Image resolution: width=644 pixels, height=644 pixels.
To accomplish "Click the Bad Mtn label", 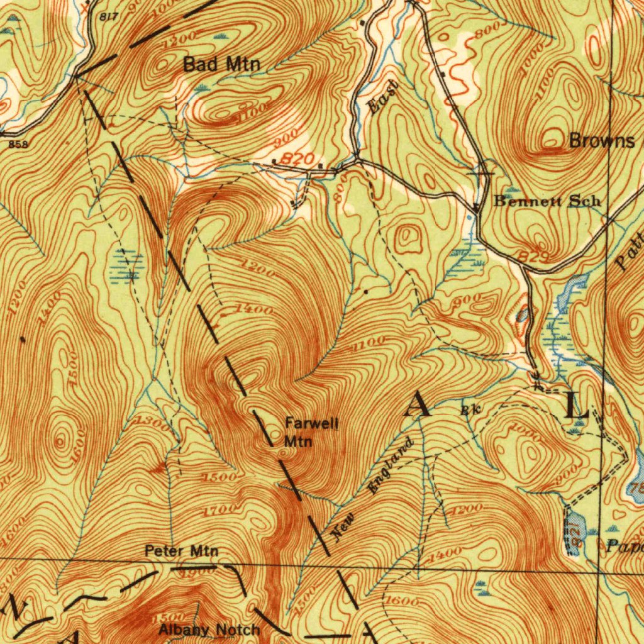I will coord(221,64).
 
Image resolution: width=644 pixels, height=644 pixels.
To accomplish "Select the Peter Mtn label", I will coord(182,552).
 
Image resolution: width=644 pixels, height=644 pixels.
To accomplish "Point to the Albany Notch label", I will coord(209,630).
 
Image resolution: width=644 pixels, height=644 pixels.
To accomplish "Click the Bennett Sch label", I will coord(547,201).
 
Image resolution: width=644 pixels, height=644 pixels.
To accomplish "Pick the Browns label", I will coord(601,141).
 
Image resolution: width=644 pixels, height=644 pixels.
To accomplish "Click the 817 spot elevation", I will coord(108,17).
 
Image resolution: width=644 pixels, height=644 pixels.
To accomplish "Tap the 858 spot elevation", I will coord(19,144).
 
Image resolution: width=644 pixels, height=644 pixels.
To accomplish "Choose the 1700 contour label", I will coord(220,509).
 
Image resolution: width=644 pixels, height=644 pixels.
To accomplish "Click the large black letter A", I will coord(419,406).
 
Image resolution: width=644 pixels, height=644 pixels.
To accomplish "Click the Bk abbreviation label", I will coord(470,409).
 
